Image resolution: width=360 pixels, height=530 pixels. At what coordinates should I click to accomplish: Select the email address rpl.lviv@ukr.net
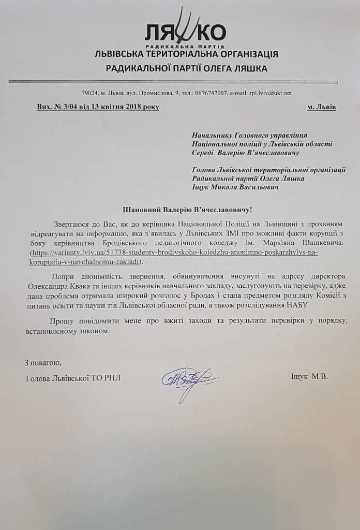click(268, 93)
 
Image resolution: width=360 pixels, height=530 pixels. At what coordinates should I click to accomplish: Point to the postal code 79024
click(90, 93)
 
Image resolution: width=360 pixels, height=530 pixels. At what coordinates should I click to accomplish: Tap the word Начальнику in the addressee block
click(212, 135)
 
